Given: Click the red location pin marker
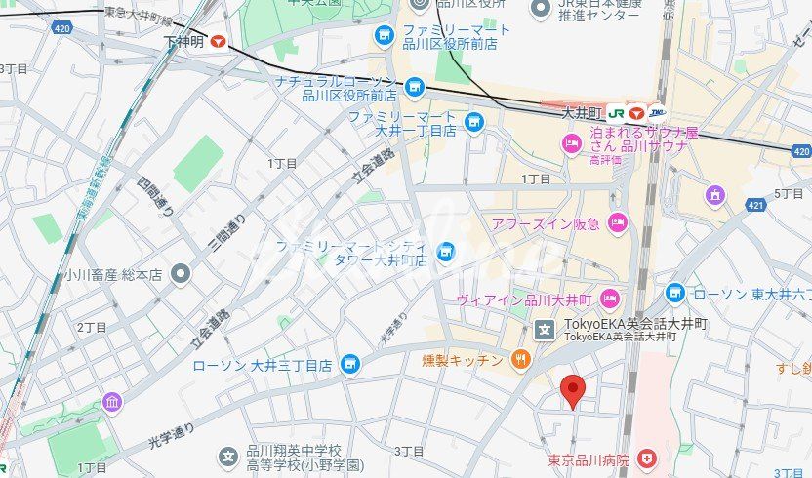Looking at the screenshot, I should [574, 391].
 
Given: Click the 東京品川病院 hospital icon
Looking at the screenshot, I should [645, 458].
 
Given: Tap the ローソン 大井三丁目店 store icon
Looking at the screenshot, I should [350, 366].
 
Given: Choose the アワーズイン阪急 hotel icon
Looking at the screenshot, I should [616, 223].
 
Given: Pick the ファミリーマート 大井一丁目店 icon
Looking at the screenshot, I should [474, 122].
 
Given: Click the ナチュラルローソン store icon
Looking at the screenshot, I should [415, 88].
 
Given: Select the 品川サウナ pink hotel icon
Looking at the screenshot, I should [572, 145].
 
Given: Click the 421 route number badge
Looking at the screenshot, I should [755, 206].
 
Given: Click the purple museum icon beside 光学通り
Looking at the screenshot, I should [111, 402].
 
